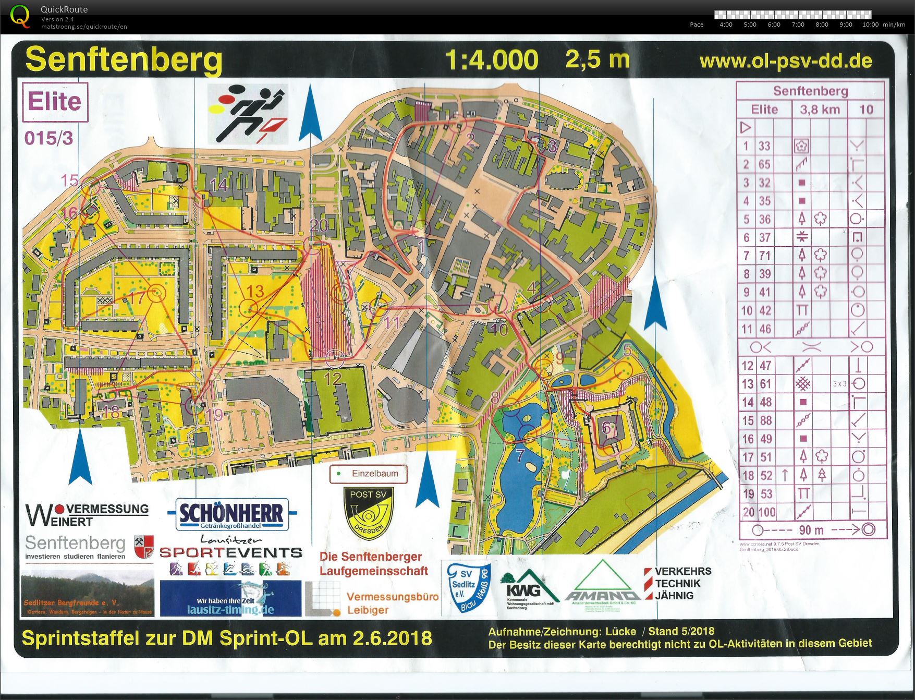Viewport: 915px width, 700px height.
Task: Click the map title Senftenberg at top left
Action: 124,60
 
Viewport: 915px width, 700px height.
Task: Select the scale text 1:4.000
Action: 492,60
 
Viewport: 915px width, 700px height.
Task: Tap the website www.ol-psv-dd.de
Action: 785,61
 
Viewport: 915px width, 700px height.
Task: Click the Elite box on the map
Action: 55,102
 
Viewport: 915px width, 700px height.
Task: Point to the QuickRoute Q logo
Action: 20,16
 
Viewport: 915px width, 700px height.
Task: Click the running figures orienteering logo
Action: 248,114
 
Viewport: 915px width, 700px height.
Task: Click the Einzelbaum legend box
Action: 368,474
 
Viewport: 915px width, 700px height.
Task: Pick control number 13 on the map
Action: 255,291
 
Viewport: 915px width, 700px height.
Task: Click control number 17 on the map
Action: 137,298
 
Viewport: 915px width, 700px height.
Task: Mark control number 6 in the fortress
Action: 606,428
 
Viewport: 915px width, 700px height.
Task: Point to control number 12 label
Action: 333,378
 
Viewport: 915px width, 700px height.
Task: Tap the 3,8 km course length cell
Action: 820,110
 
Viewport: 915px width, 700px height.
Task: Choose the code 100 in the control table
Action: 766,512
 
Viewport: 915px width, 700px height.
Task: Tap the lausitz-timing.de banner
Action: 230,598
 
